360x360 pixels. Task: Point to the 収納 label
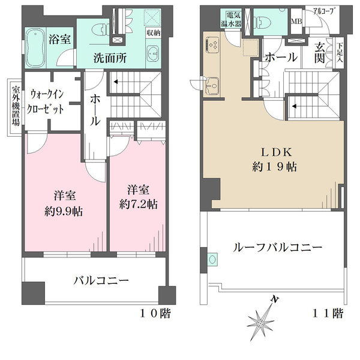click(152, 34)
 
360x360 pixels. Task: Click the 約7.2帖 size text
click(138, 204)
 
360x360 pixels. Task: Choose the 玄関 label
click(320, 52)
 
